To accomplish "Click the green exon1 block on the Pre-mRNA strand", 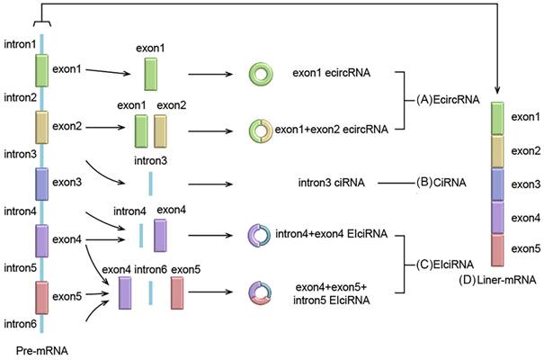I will pyautogui.click(x=42, y=69).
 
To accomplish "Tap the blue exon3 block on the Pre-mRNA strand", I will pyautogui.click(x=42, y=183).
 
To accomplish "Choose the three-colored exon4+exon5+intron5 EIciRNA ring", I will pyautogui.click(x=261, y=293).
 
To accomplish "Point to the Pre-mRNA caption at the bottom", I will pyautogui.click(x=41, y=346).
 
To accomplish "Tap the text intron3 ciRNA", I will pyautogui.click(x=330, y=183).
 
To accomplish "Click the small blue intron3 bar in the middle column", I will pyautogui.click(x=151, y=183).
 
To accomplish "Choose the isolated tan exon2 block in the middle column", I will pyautogui.click(x=162, y=131).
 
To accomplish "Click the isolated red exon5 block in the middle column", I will pyautogui.click(x=178, y=293).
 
